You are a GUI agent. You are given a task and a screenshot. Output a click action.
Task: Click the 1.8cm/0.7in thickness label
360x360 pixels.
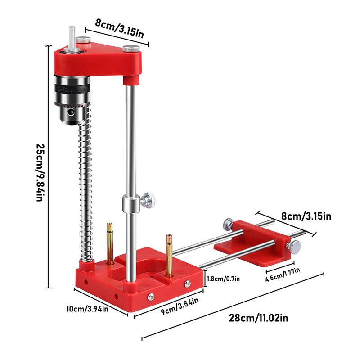pos(223,279)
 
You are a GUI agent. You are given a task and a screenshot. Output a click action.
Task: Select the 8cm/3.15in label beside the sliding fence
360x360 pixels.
pos(306,216)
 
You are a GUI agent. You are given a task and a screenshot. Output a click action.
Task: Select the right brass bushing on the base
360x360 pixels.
pos(169,254)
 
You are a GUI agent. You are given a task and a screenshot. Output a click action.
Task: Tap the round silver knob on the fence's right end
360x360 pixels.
pos(295,246)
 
